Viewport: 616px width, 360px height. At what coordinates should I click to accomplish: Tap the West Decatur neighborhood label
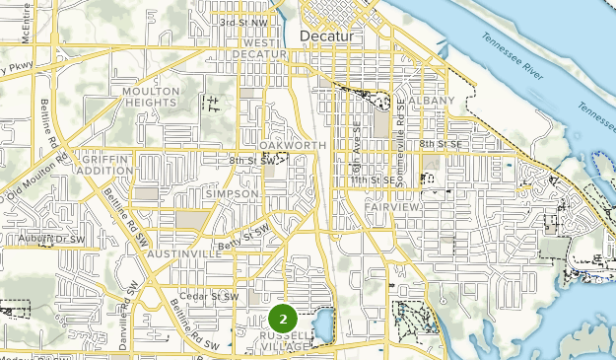pyautogui.click(x=259, y=48)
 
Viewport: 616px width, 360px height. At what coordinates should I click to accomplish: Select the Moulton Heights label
pyautogui.click(x=151, y=98)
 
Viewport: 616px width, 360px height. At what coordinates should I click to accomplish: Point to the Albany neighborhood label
pyautogui.click(x=433, y=101)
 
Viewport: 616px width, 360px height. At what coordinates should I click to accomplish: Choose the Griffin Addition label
pyautogui.click(x=107, y=164)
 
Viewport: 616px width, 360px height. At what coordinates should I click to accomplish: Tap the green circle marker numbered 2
pyautogui.click(x=283, y=319)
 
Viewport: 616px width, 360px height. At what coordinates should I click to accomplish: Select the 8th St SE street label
pyautogui.click(x=440, y=144)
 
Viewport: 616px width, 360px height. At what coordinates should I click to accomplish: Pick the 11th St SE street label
pyautogui.click(x=376, y=181)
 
